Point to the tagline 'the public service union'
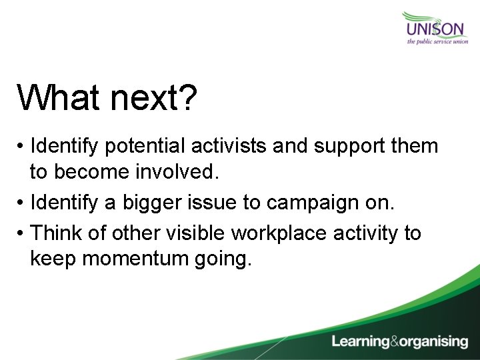(437, 42)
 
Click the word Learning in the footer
(361, 342)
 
